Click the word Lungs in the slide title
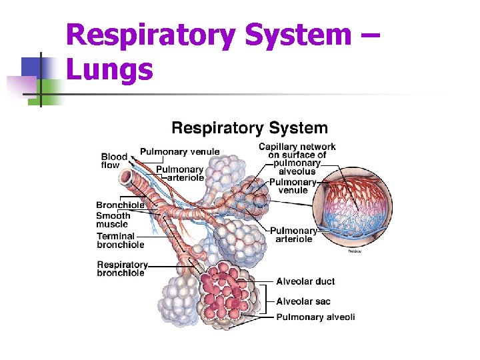(110, 69)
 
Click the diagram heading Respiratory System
(249, 128)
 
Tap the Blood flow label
(113, 161)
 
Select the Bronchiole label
(120, 205)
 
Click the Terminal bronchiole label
(120, 240)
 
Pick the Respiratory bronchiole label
(122, 269)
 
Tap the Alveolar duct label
(305, 281)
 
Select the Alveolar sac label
(303, 301)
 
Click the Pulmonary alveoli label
(315, 317)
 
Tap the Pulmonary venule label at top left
(179, 151)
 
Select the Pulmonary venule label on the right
(293, 186)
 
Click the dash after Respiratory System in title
(371, 35)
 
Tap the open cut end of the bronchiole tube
(125, 177)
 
